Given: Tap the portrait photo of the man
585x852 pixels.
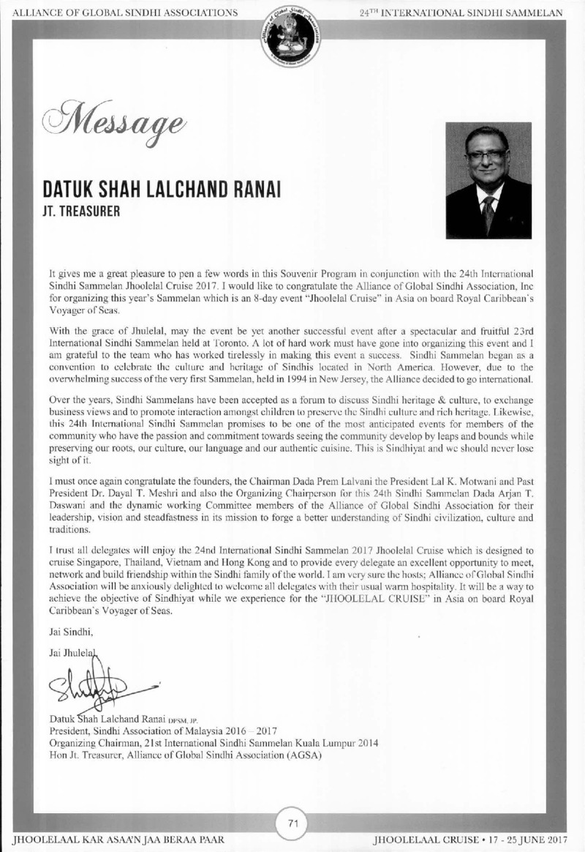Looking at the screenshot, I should tap(488, 179).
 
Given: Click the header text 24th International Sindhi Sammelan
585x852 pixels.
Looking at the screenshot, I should tap(461, 12).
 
